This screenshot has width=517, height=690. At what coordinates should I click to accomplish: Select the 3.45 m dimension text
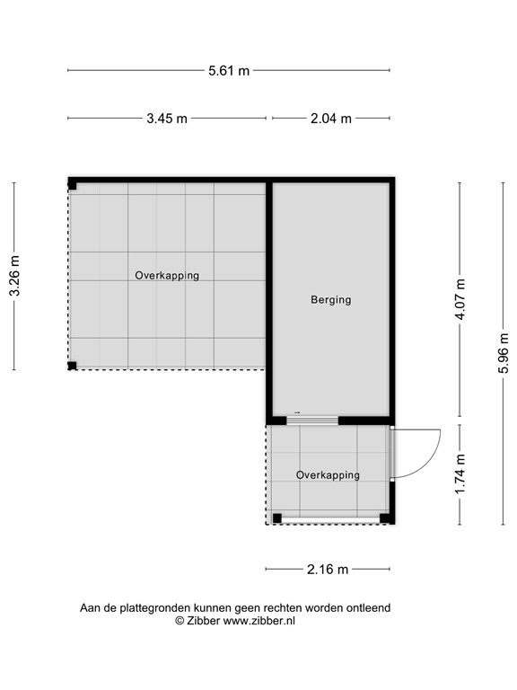point(168,119)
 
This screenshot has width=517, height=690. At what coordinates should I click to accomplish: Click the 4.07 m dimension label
point(460,300)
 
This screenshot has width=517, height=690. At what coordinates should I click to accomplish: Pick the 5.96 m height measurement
point(503,353)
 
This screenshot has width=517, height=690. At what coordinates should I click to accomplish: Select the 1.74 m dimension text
point(460,475)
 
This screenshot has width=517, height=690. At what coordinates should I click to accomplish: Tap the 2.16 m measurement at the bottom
point(329,569)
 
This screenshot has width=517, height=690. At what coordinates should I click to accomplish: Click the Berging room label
point(330,300)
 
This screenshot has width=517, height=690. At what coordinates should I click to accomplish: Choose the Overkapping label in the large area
point(167,276)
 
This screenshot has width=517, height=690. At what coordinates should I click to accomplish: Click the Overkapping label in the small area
point(328,475)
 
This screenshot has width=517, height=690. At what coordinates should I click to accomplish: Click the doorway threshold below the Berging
point(311,420)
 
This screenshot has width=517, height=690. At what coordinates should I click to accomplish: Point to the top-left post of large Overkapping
point(73,185)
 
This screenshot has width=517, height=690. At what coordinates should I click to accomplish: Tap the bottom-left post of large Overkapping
point(73,365)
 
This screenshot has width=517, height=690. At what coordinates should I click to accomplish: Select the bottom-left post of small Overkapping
point(277,517)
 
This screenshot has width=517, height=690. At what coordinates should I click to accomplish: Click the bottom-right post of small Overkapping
point(384,517)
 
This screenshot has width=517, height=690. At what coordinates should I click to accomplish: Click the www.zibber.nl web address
point(259,621)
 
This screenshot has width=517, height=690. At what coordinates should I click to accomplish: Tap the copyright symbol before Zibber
point(180,621)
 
